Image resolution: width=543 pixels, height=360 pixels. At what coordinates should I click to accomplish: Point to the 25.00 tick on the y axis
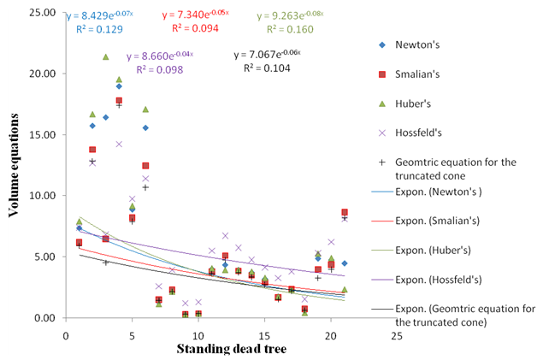(x=44, y=13)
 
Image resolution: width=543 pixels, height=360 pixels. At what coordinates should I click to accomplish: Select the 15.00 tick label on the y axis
(x=44, y=135)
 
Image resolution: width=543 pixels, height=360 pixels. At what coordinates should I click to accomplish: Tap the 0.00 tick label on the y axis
(x=46, y=318)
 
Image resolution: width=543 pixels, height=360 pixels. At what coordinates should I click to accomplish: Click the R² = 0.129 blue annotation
(x=96, y=29)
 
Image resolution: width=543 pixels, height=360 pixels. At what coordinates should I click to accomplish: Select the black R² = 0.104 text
(x=262, y=68)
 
